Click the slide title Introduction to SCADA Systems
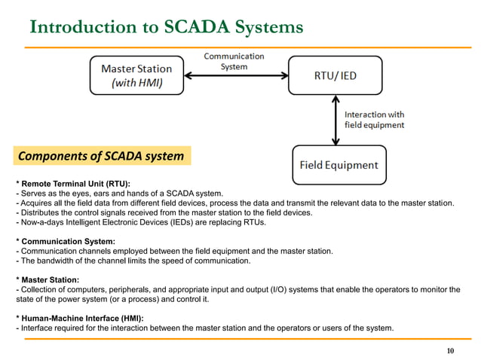coord(166,27)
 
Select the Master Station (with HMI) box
coord(135,75)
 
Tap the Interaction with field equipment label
coord(375,119)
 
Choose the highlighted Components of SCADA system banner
coord(100,157)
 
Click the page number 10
coord(451,351)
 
